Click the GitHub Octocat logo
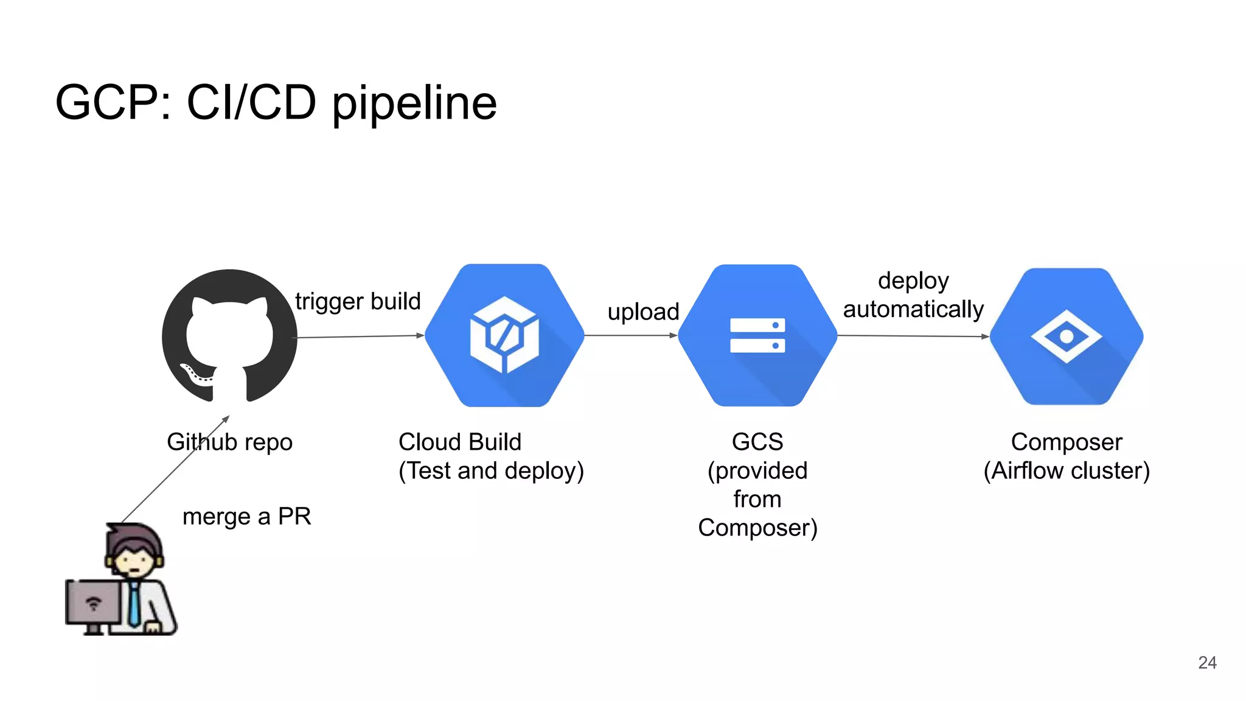(x=229, y=336)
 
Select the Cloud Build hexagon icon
(x=504, y=335)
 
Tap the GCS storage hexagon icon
(x=757, y=335)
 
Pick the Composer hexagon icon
(x=1067, y=337)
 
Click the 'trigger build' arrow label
(x=358, y=301)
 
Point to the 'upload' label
(x=643, y=312)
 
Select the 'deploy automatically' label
(x=913, y=295)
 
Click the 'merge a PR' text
(x=246, y=517)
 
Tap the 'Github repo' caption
(x=229, y=442)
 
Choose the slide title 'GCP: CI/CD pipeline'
(x=276, y=102)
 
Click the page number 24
(x=1207, y=663)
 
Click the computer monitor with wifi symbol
(x=92, y=602)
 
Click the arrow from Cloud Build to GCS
(x=631, y=335)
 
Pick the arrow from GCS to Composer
(x=913, y=336)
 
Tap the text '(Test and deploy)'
(x=491, y=471)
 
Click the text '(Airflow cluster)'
(x=1067, y=471)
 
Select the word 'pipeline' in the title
(x=414, y=103)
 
